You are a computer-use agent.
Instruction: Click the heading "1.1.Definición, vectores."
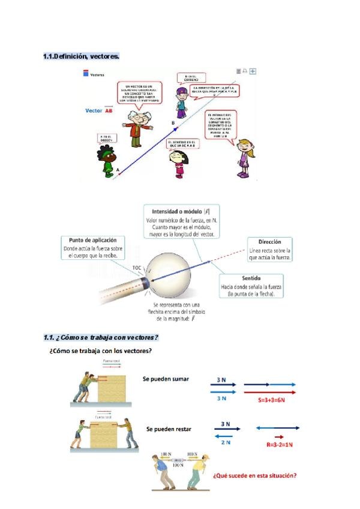point(81,56)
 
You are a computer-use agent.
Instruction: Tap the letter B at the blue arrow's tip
point(173,123)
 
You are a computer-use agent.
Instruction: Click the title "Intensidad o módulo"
point(177,212)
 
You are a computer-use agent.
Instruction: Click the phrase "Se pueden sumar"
point(166,379)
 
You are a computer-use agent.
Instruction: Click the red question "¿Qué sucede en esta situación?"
point(254,476)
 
